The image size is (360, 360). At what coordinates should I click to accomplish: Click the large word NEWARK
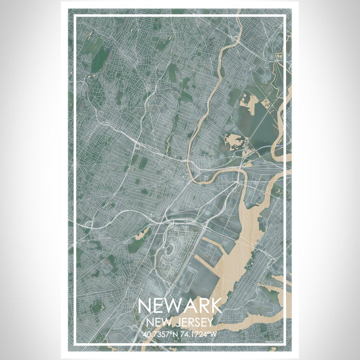point(179,305)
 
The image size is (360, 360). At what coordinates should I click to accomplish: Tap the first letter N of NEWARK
point(146,305)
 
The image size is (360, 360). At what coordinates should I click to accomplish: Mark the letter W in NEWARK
point(173,305)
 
